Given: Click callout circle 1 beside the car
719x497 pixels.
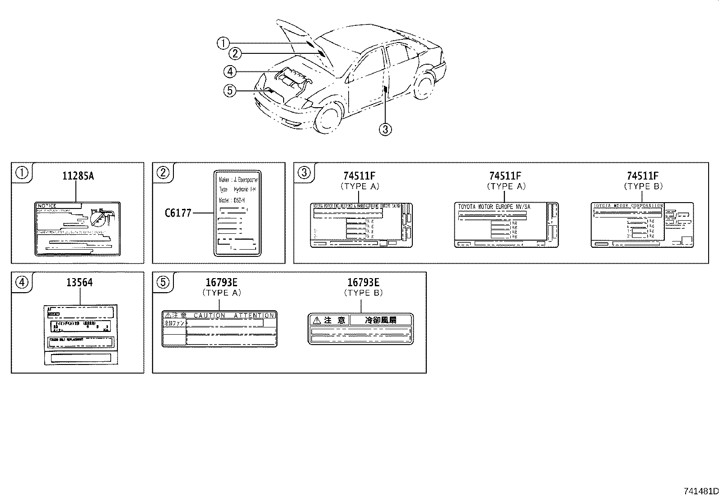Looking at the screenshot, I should (x=223, y=43).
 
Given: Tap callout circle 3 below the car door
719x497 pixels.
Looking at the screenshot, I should (x=385, y=130).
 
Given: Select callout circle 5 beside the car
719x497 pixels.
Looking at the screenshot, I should (x=230, y=91).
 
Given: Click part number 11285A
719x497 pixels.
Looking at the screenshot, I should (x=78, y=176).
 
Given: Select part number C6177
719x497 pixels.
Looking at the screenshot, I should (x=178, y=213).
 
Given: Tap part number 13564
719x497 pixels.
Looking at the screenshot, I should (x=79, y=283).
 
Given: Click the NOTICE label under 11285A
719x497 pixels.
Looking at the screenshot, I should (x=77, y=229).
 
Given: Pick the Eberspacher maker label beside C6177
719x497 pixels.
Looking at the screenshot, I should (x=237, y=213).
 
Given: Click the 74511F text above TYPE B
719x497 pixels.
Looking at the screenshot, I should (x=643, y=176).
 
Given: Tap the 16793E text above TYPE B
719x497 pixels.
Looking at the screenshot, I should (x=363, y=283).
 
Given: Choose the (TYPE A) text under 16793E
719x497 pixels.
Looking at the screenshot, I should (x=222, y=293).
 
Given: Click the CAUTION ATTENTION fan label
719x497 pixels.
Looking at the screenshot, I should (x=219, y=329).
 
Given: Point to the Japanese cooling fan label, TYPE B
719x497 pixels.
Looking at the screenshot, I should (x=360, y=329).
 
